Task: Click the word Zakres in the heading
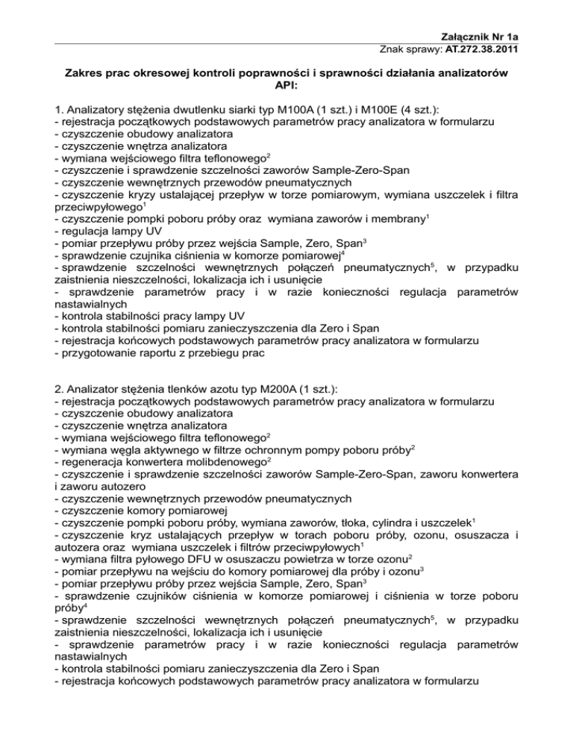(88, 72)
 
